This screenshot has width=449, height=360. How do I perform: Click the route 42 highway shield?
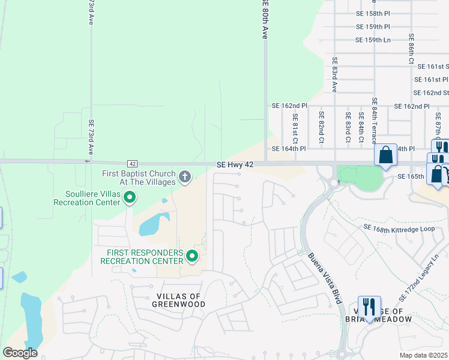click(x=132, y=164)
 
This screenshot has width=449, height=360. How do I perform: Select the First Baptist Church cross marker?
click(x=185, y=176)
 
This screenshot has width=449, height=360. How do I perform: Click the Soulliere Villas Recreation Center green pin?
click(x=129, y=196)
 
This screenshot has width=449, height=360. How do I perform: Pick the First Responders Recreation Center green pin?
click(x=192, y=256)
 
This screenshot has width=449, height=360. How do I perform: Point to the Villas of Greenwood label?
click(x=173, y=300)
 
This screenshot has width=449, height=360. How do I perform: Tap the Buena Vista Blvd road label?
click(x=326, y=277)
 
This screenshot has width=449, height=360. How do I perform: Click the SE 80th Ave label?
click(x=264, y=20)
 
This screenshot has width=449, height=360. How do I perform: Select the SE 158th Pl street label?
click(x=373, y=13)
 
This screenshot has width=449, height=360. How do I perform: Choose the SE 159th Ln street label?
click(x=373, y=40)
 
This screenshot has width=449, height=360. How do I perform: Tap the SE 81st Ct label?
click(x=295, y=127)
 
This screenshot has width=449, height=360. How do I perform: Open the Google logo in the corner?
click(x=20, y=353)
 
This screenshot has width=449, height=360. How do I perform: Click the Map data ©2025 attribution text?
click(x=424, y=355)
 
